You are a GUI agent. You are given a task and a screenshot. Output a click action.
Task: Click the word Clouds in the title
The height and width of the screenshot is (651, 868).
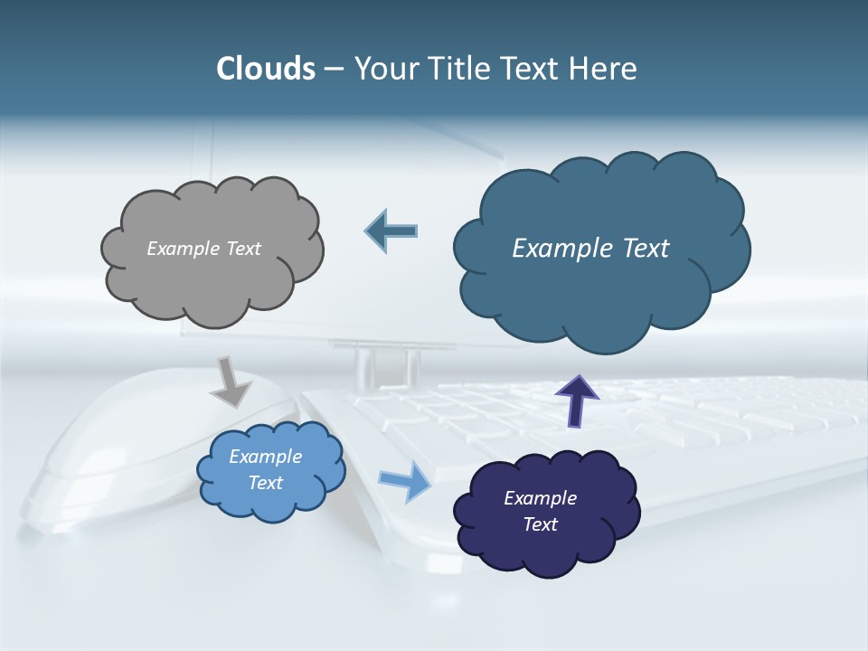(x=266, y=69)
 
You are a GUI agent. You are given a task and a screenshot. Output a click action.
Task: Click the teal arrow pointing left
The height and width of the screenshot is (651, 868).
(x=392, y=231)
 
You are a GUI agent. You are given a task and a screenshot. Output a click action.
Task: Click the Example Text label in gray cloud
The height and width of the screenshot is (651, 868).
(x=203, y=249)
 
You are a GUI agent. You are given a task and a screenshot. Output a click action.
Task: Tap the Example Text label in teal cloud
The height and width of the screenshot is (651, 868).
(x=590, y=249)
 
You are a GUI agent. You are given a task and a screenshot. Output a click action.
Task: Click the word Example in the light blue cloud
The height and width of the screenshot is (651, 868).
(x=265, y=457)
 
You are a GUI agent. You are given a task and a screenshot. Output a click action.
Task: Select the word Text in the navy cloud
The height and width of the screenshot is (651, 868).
(x=540, y=524)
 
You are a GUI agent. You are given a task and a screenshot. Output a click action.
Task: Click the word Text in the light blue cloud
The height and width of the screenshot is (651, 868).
(x=265, y=483)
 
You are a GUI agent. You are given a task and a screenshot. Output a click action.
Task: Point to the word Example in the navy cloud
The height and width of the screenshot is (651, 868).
(x=540, y=498)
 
